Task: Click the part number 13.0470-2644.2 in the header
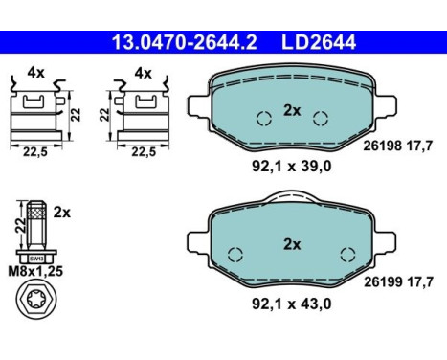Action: pos(185,42)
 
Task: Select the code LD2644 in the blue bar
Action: pos(319,42)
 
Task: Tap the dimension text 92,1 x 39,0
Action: pos(292,167)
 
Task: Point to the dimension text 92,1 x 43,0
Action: pos(292,304)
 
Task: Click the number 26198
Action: pos(383,146)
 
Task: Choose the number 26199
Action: pos(383,282)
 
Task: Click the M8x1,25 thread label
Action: pos(35,271)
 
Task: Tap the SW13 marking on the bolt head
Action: pos(36,259)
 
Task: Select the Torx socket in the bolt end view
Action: pos(35,298)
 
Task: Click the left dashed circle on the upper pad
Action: pos(264,119)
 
